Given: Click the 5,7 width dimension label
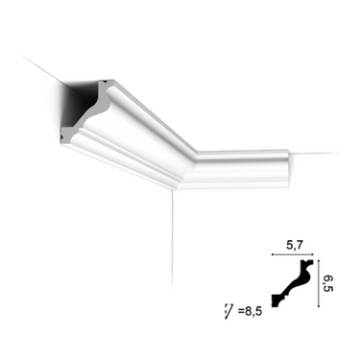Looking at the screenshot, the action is [x=294, y=246].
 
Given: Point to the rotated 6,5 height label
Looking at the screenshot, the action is [x=328, y=283].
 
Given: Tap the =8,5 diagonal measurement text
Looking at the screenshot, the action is [x=250, y=311].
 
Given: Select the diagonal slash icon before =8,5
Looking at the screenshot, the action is [x=228, y=312].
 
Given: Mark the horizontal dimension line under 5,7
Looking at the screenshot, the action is [x=292, y=254].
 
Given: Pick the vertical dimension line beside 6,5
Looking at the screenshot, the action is [x=319, y=284].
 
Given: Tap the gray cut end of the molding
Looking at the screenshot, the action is [x=86, y=123].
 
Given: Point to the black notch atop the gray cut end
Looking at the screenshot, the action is [x=105, y=83].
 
